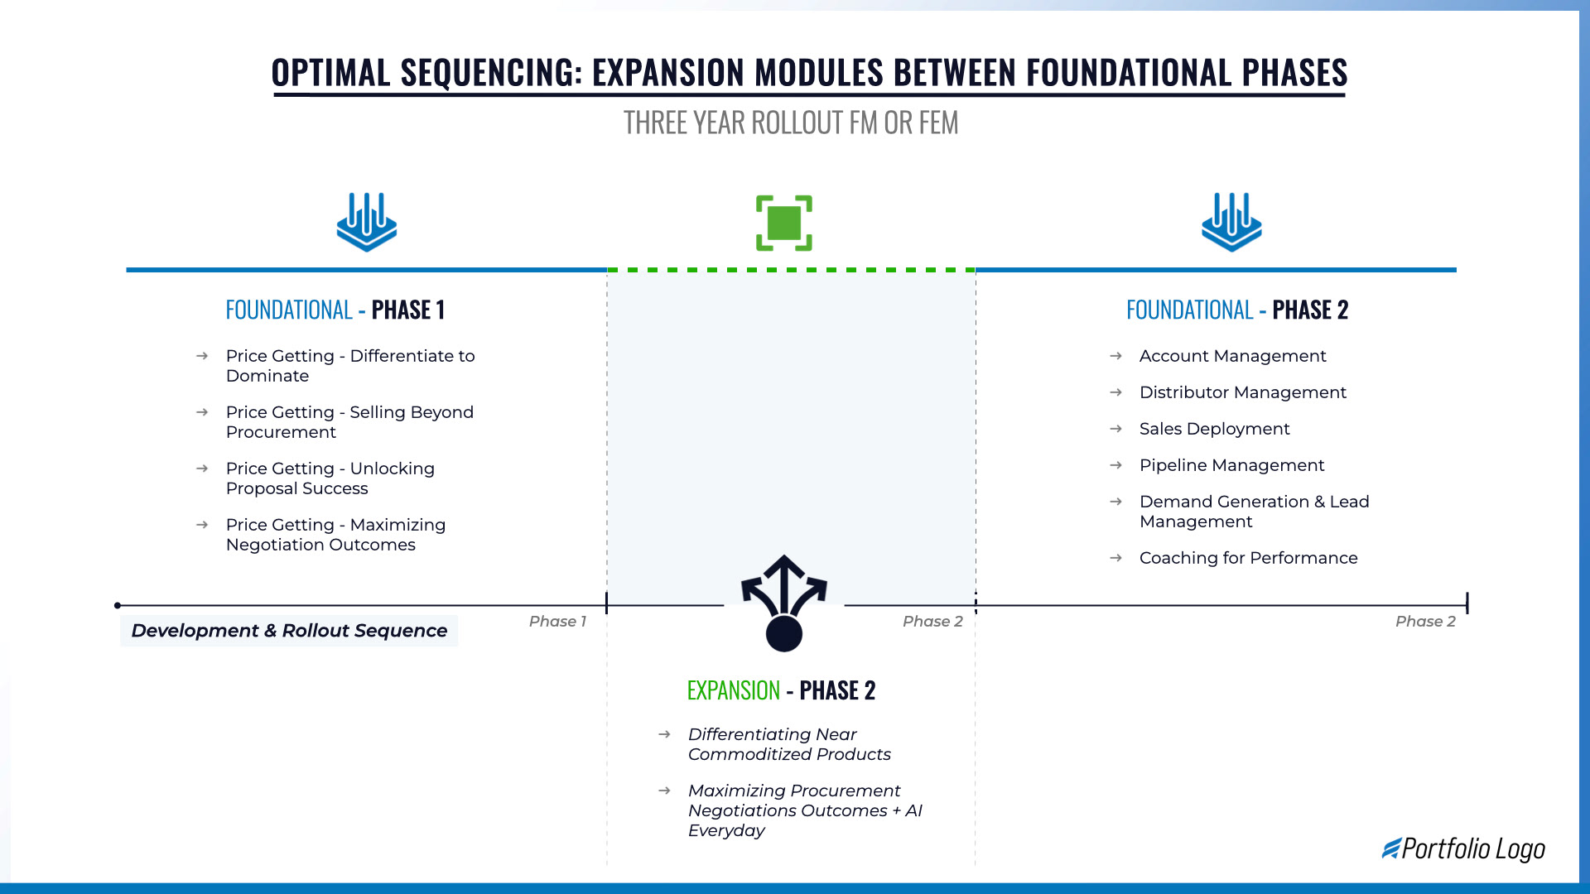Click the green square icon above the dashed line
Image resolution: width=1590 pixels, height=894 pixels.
coord(783,223)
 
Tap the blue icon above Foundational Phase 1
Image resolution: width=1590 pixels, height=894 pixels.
coord(366,222)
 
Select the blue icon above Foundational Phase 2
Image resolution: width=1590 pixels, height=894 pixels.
coord(1231,222)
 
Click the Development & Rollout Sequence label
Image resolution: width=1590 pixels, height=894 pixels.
coord(289,631)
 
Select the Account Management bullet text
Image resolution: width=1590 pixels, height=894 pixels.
coord(1232,356)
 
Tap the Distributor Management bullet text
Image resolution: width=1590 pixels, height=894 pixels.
coord(1242,392)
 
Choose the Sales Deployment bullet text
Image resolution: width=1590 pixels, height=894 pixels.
coord(1214,429)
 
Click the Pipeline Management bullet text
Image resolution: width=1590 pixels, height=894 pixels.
coord(1231,465)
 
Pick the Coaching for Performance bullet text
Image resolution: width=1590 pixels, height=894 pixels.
coord(1248,558)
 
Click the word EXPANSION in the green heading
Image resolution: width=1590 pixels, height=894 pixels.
coord(734,690)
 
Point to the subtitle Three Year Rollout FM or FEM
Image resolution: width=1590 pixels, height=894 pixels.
coord(791,123)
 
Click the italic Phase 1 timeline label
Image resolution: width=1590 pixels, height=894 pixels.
coord(557,622)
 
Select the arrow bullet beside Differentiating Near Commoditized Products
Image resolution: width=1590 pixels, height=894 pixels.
coord(664,734)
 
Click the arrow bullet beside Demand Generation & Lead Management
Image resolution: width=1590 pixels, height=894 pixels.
coord(1115,502)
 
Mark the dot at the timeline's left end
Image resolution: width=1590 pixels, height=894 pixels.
coord(118,606)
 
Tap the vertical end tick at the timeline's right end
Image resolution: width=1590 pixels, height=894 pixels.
coord(1467,603)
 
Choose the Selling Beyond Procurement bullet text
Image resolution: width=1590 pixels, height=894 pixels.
coord(349,422)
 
